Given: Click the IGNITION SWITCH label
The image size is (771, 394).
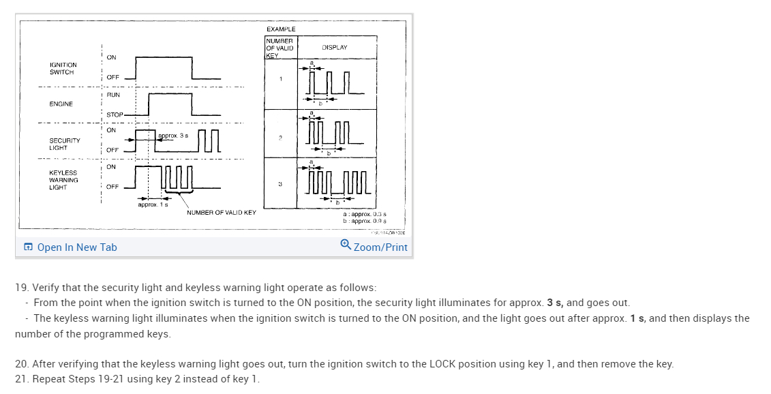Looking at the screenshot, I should (63, 68).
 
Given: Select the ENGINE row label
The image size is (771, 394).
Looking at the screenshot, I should (61, 104).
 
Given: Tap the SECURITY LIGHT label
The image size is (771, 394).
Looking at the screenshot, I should (64, 144).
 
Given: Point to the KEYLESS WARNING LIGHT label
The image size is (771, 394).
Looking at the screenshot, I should (63, 180).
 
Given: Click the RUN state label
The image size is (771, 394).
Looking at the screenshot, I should (112, 95).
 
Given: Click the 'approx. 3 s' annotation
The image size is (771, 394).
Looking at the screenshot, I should (173, 136).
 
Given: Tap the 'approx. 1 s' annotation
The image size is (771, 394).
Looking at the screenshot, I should (153, 204).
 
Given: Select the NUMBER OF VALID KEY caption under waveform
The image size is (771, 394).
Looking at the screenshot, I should (222, 213).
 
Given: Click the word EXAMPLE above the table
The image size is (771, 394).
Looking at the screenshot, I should (281, 29).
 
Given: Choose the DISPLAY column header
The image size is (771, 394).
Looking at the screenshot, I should (335, 48).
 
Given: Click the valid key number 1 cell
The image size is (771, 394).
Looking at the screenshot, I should (279, 79).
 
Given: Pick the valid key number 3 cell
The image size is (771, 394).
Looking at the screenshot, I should (279, 184).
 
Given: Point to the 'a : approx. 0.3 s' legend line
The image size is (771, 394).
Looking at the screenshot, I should (365, 214).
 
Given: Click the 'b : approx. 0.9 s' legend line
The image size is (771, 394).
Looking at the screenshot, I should (365, 222).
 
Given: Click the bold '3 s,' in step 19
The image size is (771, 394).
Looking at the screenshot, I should (555, 303).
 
